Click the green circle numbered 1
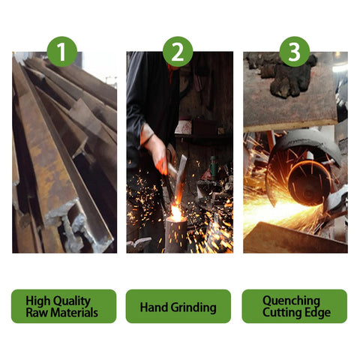coord(62,52)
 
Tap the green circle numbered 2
coord(178,52)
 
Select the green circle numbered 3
coord(295,52)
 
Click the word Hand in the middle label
coord(152,307)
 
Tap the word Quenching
coord(291,301)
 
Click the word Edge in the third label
coord(318,313)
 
